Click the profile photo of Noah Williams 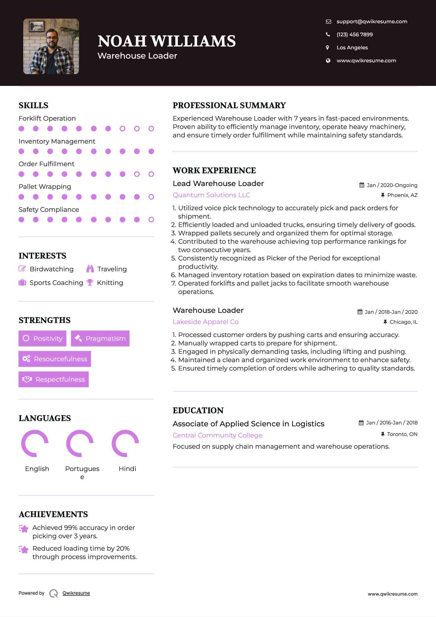pos(51,46)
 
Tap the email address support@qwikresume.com pos(372,21)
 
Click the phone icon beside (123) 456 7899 pos(328,34)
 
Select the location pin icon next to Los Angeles pos(328,47)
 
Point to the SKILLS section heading pos(33,105)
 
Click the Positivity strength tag pos(42,338)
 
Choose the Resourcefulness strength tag pos(55,359)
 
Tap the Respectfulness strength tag pos(54,379)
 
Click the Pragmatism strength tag pos(100,338)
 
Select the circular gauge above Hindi pos(125,443)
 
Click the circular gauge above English pos(35,443)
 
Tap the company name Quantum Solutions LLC pos(211,195)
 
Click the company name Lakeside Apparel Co pos(205,322)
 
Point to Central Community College pos(217,435)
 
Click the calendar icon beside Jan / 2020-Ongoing pos(362,185)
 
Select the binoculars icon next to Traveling pos(90,269)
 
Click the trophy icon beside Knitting pos(90,282)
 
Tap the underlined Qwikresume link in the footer pos(76,593)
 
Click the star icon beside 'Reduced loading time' pos(24,549)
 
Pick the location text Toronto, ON pos(402,434)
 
